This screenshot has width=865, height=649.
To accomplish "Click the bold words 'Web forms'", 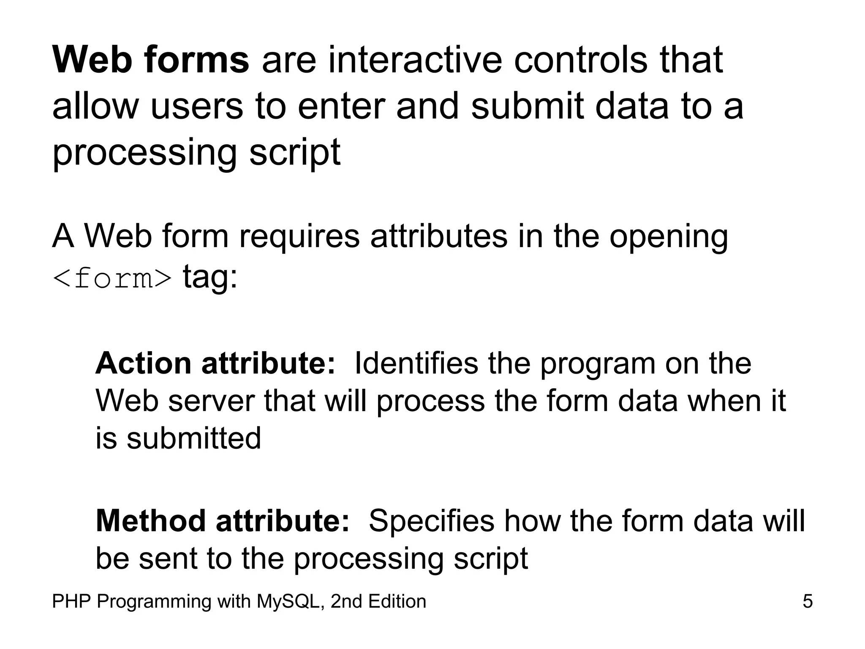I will [151, 60].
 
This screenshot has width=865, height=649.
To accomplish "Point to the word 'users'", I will [197, 106].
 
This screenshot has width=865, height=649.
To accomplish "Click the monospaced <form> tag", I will [112, 279].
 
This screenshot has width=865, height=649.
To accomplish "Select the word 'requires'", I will [299, 236].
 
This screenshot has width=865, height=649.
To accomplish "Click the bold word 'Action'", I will [144, 363].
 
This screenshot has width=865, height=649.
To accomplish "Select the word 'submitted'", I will [194, 438].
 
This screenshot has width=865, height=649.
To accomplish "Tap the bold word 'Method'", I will [151, 521].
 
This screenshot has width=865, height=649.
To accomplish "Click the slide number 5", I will [807, 601].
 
